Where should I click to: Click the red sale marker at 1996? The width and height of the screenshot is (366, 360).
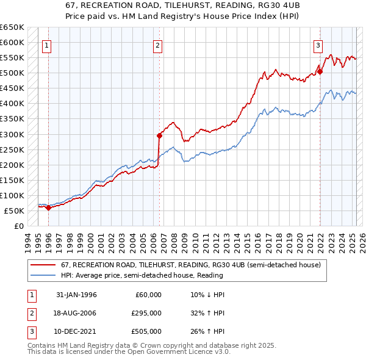coord(49,207)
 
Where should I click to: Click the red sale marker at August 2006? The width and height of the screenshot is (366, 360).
coord(159,135)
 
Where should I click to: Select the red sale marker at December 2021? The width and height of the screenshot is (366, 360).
coord(320,71)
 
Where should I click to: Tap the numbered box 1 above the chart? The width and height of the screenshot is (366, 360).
coord(47,45)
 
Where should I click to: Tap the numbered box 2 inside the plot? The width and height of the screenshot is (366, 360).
coord(157,45)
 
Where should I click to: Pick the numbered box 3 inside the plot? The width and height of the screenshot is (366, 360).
coord(318,45)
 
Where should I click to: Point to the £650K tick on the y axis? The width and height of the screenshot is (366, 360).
coord(12,27)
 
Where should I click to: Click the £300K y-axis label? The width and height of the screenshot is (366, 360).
coord(12,134)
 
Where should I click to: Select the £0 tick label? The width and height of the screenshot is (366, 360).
coord(18,226)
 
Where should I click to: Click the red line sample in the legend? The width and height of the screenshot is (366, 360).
coord(43,264)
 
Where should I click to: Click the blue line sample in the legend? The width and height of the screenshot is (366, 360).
coord(43,275)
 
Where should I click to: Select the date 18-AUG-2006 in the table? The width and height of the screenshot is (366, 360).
coord(76,313)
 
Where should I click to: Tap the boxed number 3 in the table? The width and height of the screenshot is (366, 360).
coord(30,331)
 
